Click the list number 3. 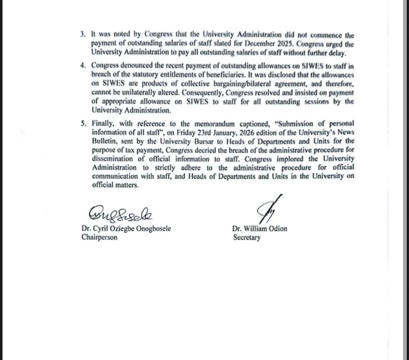(83, 36)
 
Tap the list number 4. (83, 66)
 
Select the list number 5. (83, 123)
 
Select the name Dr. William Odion (259, 229)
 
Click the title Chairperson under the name (100, 238)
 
